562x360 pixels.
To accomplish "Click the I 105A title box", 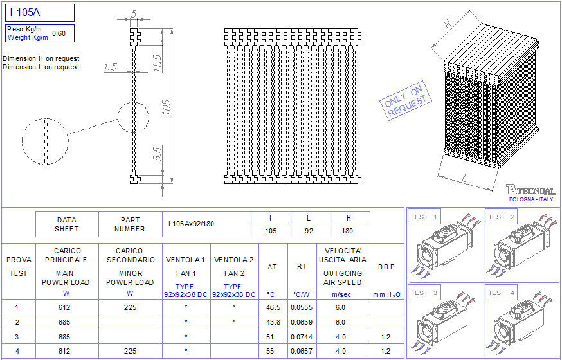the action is click(x=39, y=13).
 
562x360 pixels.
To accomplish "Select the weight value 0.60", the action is click(x=59, y=33).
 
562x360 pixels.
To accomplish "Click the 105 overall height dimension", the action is click(x=167, y=106).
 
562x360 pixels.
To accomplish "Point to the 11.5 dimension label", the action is click(x=158, y=64).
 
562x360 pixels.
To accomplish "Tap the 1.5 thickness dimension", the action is click(x=111, y=67).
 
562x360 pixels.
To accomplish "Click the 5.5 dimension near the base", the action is click(x=158, y=154).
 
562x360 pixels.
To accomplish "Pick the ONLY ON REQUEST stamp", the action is click(x=406, y=100).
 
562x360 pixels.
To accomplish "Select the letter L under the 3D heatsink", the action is click(x=464, y=178).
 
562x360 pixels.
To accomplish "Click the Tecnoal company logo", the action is click(x=531, y=190).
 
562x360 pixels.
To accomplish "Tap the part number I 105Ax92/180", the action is click(x=191, y=224).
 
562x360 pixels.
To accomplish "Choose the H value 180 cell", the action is click(x=347, y=231).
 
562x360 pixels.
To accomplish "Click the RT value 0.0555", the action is click(x=302, y=307).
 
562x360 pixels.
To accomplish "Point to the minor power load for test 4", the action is click(x=130, y=352).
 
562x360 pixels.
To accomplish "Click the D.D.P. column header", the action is click(x=386, y=267).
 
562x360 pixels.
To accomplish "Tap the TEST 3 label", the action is click(x=424, y=293).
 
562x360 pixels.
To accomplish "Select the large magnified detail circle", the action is click(x=45, y=141).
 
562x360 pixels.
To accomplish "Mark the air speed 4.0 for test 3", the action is click(x=341, y=337).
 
